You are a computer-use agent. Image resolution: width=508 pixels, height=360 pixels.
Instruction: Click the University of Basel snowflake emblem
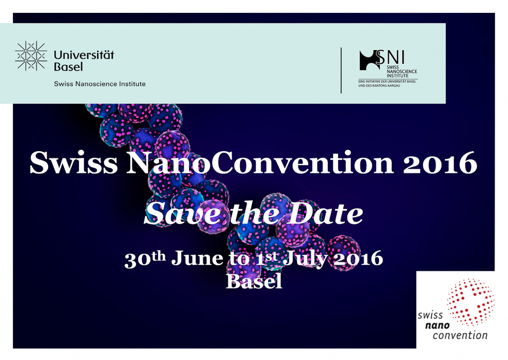coord(31,56)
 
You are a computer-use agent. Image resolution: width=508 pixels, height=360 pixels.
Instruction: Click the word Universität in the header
coord(84,55)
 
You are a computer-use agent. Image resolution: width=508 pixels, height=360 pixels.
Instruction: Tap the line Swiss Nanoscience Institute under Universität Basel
coord(100,84)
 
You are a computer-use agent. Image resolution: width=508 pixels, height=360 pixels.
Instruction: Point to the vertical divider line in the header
coord(341,70)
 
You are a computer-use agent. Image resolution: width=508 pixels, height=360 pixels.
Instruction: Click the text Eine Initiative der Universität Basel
coord(387,81)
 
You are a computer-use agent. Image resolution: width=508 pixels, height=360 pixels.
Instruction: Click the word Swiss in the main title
coord(73,163)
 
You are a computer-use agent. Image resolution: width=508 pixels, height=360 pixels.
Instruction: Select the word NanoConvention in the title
coord(260,163)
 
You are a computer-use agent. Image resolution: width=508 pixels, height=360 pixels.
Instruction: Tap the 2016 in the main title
coord(441,163)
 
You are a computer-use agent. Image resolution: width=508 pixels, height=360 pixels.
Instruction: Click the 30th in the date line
coord(145,259)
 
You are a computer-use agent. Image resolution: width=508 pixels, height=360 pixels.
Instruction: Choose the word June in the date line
coord(197,258)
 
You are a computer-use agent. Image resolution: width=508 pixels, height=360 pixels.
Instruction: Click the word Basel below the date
coord(254,281)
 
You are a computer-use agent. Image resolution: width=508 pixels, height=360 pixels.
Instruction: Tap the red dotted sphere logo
coord(470,302)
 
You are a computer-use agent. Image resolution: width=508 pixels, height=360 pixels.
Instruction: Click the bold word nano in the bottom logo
coord(438,325)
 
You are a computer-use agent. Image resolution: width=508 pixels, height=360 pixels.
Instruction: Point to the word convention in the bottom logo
coord(460,335)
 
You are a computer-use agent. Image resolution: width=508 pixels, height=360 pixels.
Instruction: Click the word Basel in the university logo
coord(68,66)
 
